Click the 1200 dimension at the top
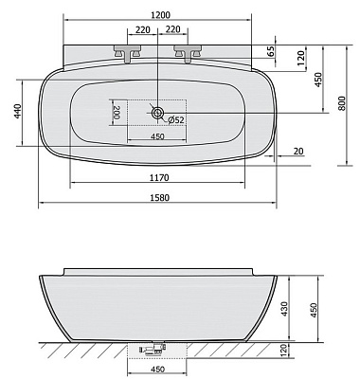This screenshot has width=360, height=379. click(x=160, y=15)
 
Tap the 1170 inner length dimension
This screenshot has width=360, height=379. click(x=159, y=178)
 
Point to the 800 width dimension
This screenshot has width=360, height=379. click(x=342, y=103)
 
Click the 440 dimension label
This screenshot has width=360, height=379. click(x=18, y=111)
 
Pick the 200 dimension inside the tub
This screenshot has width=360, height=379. click(x=117, y=113)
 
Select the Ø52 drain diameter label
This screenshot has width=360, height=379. click(x=176, y=119)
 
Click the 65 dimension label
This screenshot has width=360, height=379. click(x=271, y=51)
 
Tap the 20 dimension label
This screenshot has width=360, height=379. click(x=298, y=152)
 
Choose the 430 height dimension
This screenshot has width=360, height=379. click(x=284, y=309)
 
